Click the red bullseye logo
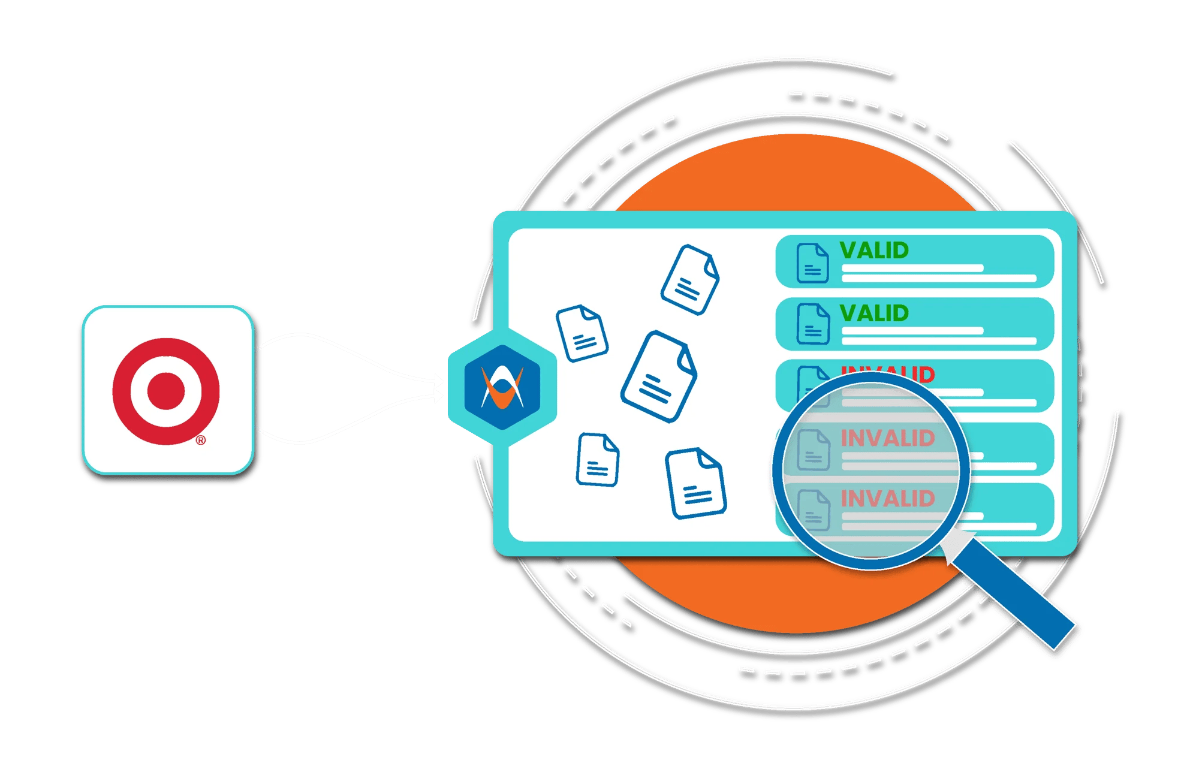[166, 391]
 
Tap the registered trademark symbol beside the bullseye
[201, 441]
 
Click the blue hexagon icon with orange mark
[502, 387]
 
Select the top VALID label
[874, 251]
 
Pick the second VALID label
[874, 313]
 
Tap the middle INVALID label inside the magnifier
[887, 438]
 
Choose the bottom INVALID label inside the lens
[887, 499]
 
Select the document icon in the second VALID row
[812, 324]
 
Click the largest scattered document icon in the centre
[658, 376]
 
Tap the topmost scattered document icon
[690, 279]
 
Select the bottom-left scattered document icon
[597, 459]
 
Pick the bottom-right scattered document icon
[695, 483]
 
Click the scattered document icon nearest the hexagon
[582, 333]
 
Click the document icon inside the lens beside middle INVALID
[814, 450]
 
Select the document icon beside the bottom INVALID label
[814, 510]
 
